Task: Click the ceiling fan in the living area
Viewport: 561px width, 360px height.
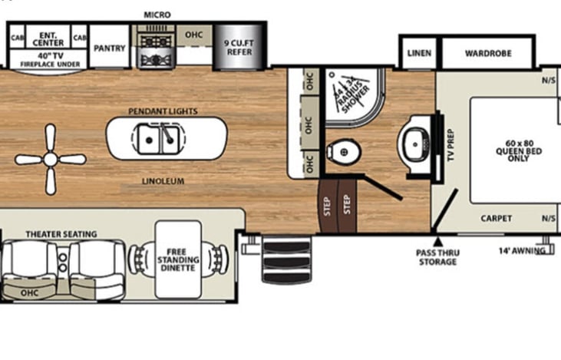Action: (51, 160)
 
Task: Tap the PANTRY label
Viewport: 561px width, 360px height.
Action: (109, 47)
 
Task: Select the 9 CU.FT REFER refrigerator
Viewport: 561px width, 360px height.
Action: (238, 48)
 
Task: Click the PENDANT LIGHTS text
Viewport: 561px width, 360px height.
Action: (163, 111)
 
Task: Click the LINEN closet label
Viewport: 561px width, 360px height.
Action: (419, 54)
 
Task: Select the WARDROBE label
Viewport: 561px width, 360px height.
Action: (488, 54)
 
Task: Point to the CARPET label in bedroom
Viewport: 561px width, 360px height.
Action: (496, 218)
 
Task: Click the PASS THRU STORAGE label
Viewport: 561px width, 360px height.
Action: (436, 257)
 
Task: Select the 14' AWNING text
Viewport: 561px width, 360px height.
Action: (521, 250)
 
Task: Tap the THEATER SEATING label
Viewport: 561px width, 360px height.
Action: (61, 233)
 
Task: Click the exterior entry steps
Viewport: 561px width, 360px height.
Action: (287, 259)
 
